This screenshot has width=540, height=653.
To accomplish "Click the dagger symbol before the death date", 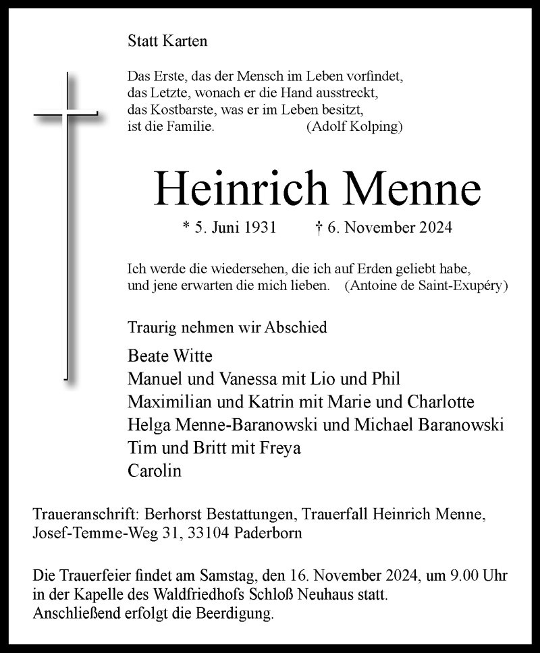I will (319, 227).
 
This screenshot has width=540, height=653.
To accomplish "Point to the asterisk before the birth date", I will (187, 227).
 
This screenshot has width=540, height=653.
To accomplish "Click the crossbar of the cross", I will (66, 114).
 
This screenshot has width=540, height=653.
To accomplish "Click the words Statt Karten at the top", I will (167, 40).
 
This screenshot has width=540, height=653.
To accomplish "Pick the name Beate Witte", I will (169, 356).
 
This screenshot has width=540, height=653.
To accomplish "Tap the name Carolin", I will (155, 471).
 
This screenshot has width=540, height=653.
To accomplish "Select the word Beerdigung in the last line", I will (239, 615).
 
